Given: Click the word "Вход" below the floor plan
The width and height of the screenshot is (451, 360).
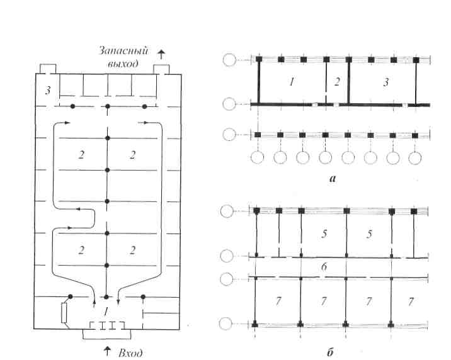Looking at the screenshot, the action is click(x=130, y=353).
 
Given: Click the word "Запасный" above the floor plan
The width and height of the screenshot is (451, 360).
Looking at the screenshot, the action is click(x=123, y=51).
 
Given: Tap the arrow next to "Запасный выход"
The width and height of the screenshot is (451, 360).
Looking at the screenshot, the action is click(x=162, y=54).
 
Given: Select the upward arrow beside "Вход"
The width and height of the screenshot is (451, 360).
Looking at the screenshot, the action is click(x=107, y=351).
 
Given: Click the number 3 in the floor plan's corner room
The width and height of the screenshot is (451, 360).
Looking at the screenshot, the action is click(x=48, y=91).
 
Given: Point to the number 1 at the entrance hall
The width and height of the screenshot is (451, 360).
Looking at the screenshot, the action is click(x=106, y=311).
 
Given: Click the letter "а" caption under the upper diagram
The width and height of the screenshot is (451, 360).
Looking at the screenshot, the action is click(x=333, y=179).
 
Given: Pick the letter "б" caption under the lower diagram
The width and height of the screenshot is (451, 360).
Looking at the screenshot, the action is click(x=331, y=352).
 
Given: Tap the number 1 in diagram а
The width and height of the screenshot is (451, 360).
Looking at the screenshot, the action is click(x=292, y=82).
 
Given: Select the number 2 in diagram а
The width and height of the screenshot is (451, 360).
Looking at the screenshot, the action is click(x=337, y=82).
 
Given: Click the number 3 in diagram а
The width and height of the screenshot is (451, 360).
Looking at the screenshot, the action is click(x=386, y=82).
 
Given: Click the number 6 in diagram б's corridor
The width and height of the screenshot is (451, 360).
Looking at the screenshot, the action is click(x=324, y=267).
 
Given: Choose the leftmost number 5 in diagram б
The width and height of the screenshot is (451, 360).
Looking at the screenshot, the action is click(x=324, y=234).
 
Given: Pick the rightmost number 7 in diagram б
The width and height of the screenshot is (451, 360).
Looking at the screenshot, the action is click(x=411, y=301).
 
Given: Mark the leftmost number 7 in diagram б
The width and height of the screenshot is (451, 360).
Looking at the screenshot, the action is click(x=278, y=301).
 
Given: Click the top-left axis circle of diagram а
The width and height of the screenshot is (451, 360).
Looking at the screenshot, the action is click(x=229, y=60).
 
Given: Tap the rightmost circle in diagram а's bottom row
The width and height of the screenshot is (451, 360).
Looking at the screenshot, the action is click(x=415, y=158).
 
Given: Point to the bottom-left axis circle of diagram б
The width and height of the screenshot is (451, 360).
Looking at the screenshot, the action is click(x=226, y=323).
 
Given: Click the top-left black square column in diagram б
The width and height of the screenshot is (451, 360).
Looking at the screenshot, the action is click(x=257, y=211).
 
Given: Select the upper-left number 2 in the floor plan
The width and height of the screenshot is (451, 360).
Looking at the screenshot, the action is click(x=81, y=155).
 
